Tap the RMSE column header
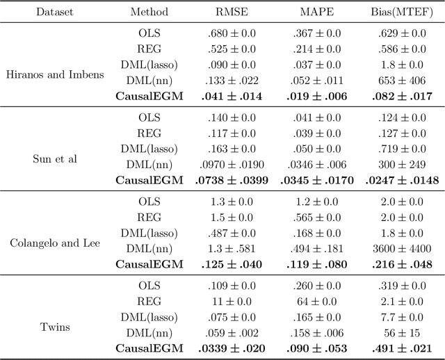tap(232, 12)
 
